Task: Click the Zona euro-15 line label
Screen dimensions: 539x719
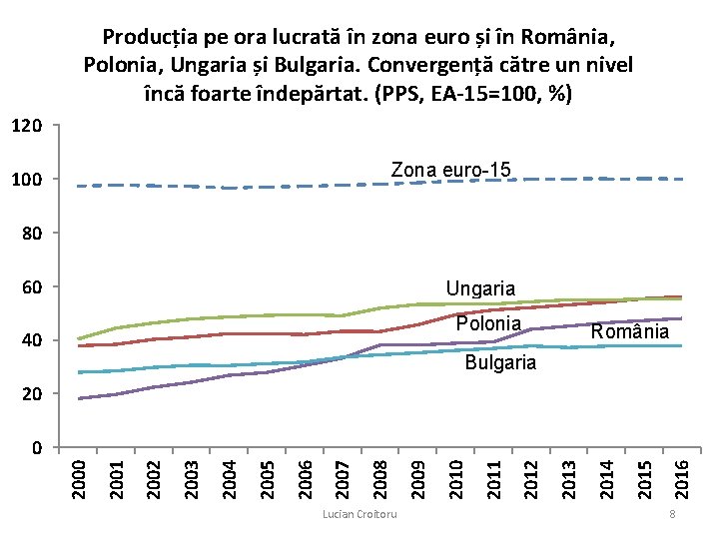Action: point(450,170)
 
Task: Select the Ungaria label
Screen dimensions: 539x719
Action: point(480,288)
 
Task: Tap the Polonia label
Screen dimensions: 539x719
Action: point(488,323)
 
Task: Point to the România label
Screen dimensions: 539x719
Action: point(629,331)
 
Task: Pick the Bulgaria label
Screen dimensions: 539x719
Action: point(500,362)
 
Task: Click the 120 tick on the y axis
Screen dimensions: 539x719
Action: point(28,126)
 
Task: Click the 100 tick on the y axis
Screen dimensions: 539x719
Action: point(28,180)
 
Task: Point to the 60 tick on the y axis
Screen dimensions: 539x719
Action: point(32,287)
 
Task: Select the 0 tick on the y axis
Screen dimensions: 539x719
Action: point(37,448)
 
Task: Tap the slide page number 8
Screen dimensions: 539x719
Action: point(672,514)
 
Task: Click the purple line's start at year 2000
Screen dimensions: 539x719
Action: point(80,398)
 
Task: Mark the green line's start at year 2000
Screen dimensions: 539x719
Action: point(80,338)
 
